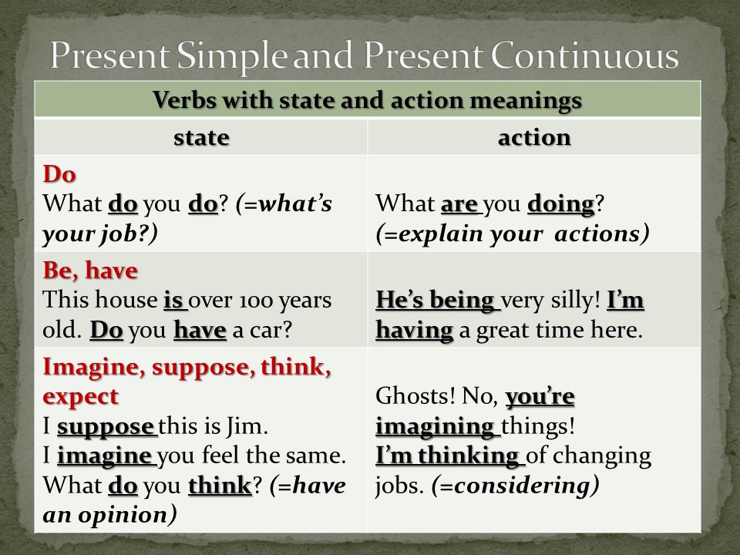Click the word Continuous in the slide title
pyautogui.click(x=585, y=56)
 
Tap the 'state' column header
pyautogui.click(x=201, y=138)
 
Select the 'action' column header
pyautogui.click(x=534, y=138)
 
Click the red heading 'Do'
pyautogui.click(x=59, y=174)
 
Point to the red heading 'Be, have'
pyautogui.click(x=90, y=271)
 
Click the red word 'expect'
pyautogui.click(x=80, y=397)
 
